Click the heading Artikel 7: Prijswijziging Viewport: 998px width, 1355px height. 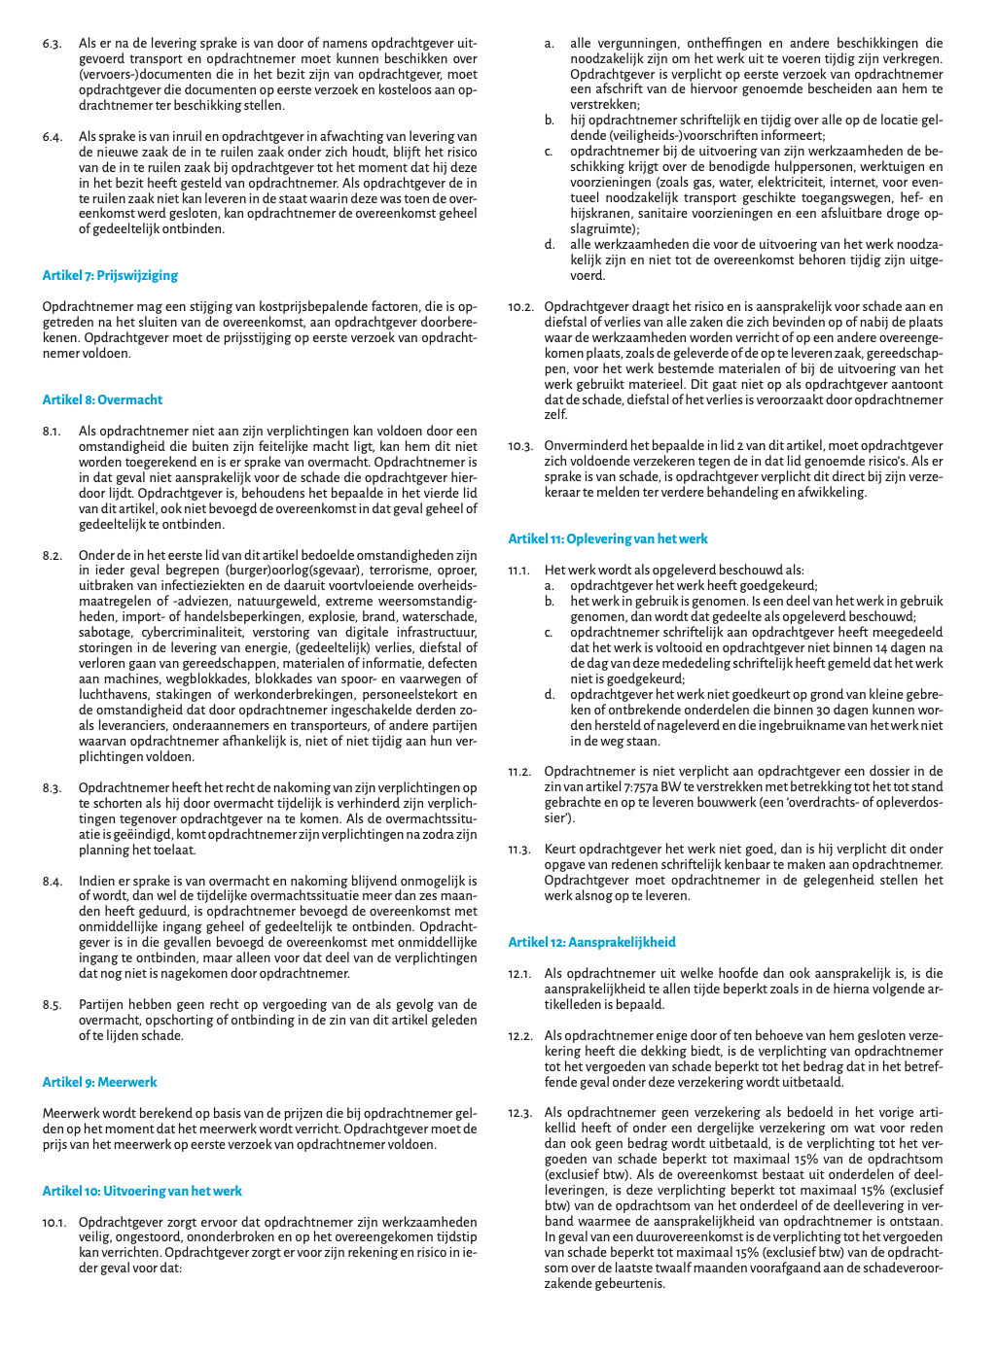tap(110, 275)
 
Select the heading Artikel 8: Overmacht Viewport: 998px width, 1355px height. tap(102, 400)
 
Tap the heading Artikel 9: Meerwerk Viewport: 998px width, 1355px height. tap(99, 1082)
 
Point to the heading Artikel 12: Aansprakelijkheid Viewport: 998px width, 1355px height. tap(591, 942)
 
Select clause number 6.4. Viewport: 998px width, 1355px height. tap(53, 137)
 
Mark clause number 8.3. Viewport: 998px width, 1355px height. tap(53, 788)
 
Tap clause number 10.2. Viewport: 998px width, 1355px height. tap(520, 307)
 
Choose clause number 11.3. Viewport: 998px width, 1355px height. tap(520, 850)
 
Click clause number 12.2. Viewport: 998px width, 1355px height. tap(520, 1036)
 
